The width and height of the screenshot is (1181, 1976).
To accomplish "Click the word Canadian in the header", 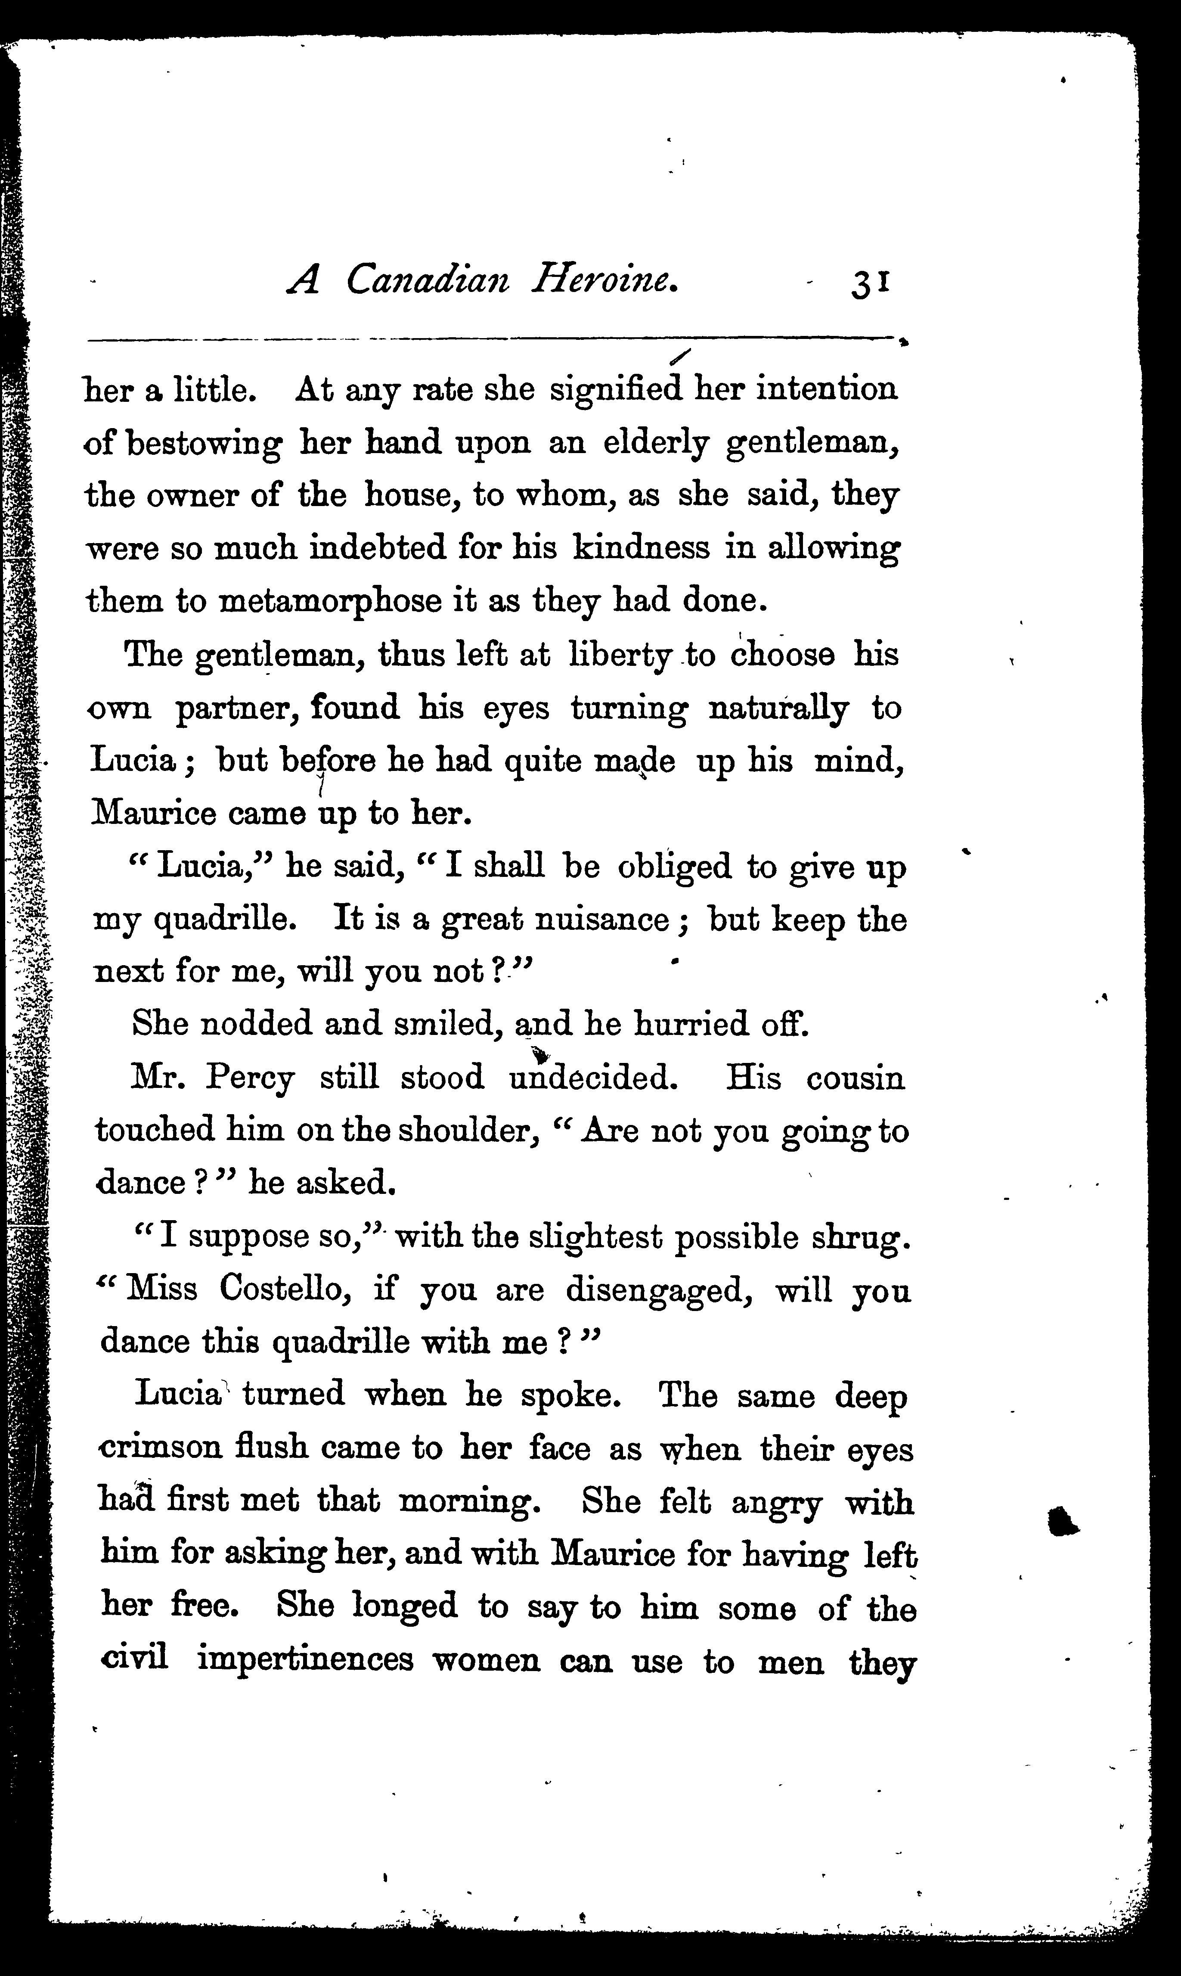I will (x=428, y=280).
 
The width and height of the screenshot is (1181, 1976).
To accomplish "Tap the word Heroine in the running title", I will (x=605, y=280).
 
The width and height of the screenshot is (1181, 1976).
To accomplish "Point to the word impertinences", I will (x=305, y=1661).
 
